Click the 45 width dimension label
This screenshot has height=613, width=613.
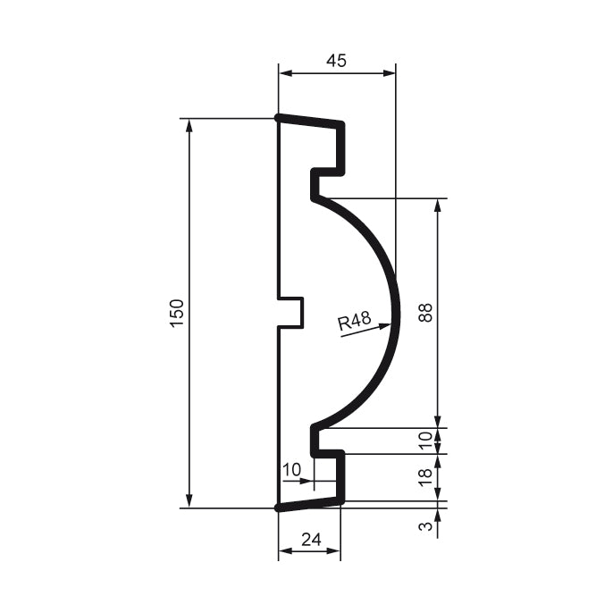[336, 61]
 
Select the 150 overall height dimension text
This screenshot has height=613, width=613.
[176, 313]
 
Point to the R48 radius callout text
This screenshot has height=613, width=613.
[355, 323]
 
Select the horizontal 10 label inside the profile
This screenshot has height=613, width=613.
[291, 469]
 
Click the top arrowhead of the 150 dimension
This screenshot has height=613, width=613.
[189, 124]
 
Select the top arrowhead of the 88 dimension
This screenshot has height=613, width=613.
[437, 205]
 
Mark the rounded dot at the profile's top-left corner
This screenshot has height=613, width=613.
[279, 118]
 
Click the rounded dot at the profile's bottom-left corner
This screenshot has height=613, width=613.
[279, 508]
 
